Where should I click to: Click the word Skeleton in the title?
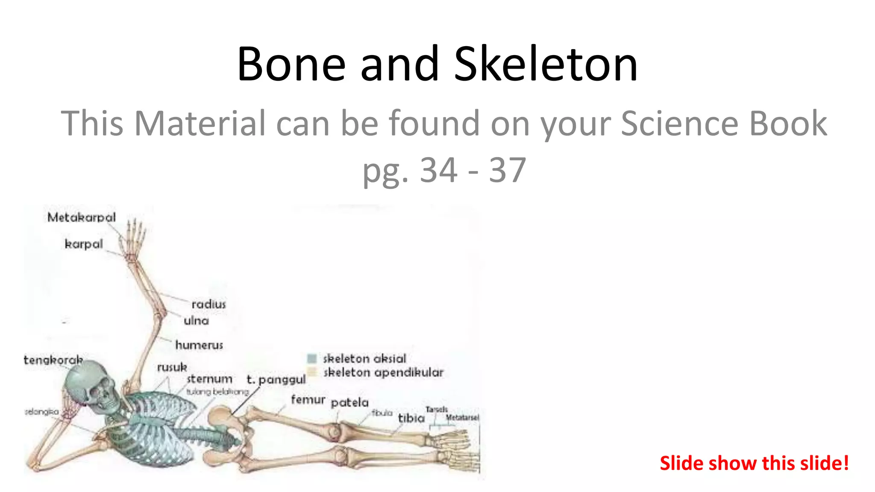tap(546, 64)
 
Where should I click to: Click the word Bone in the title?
tap(291, 64)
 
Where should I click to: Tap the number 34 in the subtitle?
tap(439, 170)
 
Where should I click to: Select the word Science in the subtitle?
tap(680, 123)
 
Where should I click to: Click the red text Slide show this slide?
tap(754, 463)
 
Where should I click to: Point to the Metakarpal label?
tap(82, 217)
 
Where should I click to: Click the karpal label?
tap(84, 244)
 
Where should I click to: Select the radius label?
tap(208, 305)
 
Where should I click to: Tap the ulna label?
tap(196, 321)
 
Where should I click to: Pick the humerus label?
tap(199, 345)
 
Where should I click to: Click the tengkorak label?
tap(53, 360)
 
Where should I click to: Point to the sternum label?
tap(209, 379)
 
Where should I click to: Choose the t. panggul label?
tap(276, 379)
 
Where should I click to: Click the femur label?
tap(308, 400)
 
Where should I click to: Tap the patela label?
tap(349, 402)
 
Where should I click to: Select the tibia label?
tap(411, 418)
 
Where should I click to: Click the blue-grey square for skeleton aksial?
tap(312, 358)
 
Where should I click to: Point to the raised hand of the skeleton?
tap(135, 239)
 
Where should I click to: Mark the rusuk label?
tap(172, 367)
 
